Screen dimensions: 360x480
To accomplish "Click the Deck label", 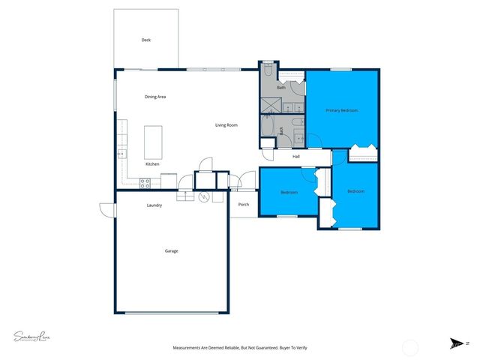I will [146, 40].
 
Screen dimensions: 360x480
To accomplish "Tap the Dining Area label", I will [155, 97].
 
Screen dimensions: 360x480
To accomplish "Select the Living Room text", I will [226, 125].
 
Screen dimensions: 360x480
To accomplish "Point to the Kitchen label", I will [152, 163].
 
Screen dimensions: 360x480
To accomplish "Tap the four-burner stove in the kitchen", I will [145, 181].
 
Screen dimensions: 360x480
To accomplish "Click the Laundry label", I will [154, 205].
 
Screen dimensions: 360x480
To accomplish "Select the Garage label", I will [171, 251].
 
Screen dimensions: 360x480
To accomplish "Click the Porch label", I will [243, 204].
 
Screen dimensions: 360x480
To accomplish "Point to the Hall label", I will [296, 157].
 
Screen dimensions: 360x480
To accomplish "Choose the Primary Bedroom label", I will [341, 110].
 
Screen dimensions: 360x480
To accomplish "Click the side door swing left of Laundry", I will [105, 209].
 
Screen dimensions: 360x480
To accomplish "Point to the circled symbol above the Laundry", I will [202, 197].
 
